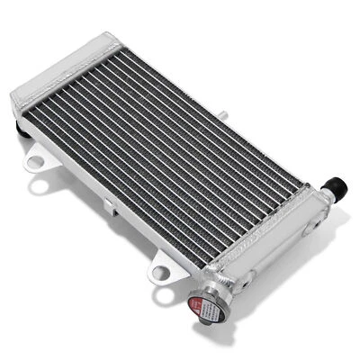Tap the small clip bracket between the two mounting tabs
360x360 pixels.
[x=108, y=204]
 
